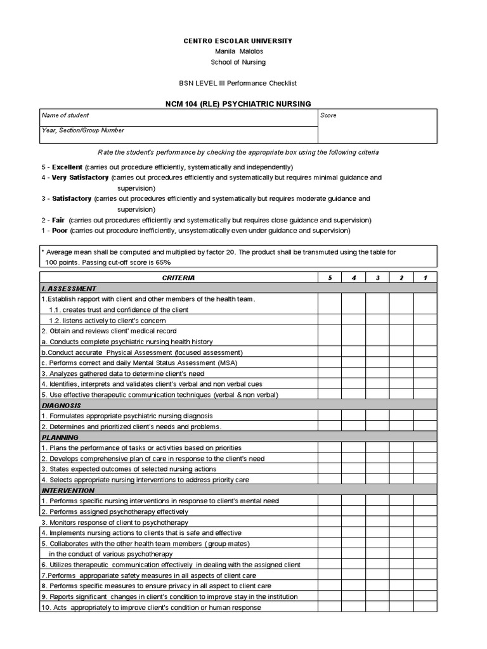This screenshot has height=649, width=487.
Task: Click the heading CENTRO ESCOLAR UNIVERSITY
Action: [x=238, y=41]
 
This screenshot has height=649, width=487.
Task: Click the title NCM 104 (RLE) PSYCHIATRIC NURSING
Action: [x=238, y=104]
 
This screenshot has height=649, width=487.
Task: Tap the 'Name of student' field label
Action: [x=65, y=115]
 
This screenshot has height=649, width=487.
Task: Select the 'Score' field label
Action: [x=328, y=115]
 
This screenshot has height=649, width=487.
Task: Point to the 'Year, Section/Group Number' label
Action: [x=82, y=131]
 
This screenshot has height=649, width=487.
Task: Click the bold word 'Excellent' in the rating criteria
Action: [x=67, y=167]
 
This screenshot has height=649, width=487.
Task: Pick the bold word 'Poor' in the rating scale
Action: [x=60, y=231]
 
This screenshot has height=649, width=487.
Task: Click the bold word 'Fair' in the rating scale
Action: [x=58, y=220]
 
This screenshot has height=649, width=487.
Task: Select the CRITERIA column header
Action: [x=179, y=278]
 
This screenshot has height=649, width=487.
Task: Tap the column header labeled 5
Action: [x=329, y=278]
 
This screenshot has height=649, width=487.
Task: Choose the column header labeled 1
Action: [x=425, y=278]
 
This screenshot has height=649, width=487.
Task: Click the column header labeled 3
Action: [x=377, y=278]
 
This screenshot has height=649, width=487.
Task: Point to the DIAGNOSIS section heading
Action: [x=62, y=406]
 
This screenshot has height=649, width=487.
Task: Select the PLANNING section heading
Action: [x=60, y=437]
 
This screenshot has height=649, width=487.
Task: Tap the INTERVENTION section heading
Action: [x=68, y=491]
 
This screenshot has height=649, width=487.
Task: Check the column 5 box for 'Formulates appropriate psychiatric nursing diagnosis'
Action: [x=329, y=416]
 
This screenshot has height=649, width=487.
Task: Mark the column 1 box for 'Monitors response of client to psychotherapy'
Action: [x=425, y=522]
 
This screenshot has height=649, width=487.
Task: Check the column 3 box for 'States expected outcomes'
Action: [x=377, y=469]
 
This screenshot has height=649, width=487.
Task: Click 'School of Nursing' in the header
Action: [x=238, y=62]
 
